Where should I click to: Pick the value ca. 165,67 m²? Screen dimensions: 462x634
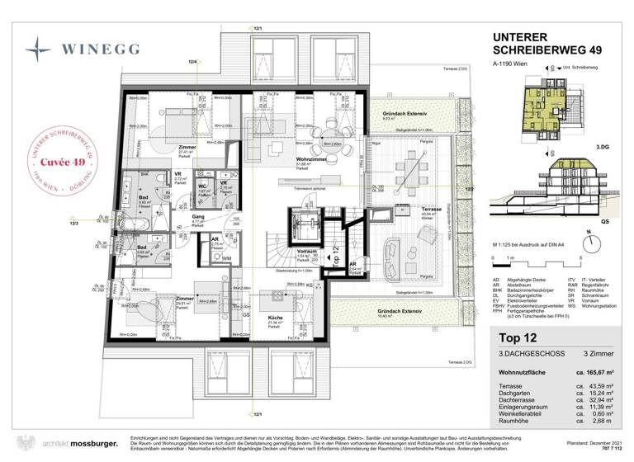click(593, 374)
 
